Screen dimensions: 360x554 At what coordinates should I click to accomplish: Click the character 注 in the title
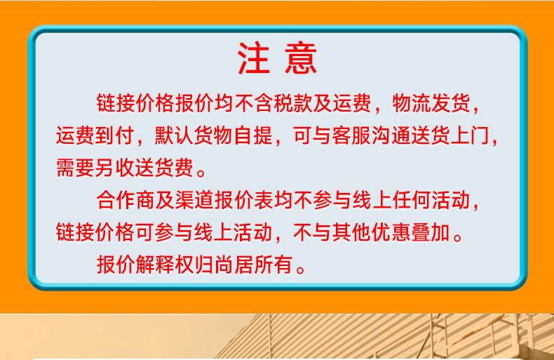click(254, 59)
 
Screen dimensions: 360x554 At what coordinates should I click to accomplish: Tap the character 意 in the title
click(301, 59)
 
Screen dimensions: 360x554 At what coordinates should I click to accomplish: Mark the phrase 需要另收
click(95, 168)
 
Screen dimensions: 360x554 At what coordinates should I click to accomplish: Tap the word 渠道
click(194, 201)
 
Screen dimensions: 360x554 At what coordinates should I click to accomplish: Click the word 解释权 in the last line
click(165, 265)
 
